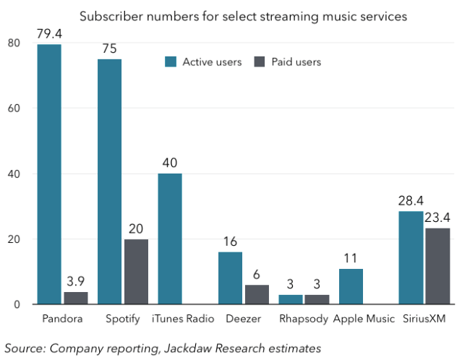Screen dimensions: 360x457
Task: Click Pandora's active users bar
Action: pos(49,174)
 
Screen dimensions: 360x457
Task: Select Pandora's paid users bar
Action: pos(76,298)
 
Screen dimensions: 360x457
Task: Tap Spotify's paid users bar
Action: pos(136,272)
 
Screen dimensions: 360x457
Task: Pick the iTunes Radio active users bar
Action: pos(170,239)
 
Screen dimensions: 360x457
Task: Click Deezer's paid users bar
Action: pos(257,295)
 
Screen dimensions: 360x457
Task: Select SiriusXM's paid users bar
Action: pos(437,266)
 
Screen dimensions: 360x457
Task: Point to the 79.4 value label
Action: pos(50,33)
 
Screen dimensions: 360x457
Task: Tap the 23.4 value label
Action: pos(437,216)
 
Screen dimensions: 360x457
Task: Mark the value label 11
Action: pos(351,257)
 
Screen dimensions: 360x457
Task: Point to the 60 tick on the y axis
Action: pos(14,109)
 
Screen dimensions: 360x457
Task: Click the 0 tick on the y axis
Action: pos(17,304)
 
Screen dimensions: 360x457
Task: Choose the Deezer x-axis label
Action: pos(243,319)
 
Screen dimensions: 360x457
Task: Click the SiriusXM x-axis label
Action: pos(425,319)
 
